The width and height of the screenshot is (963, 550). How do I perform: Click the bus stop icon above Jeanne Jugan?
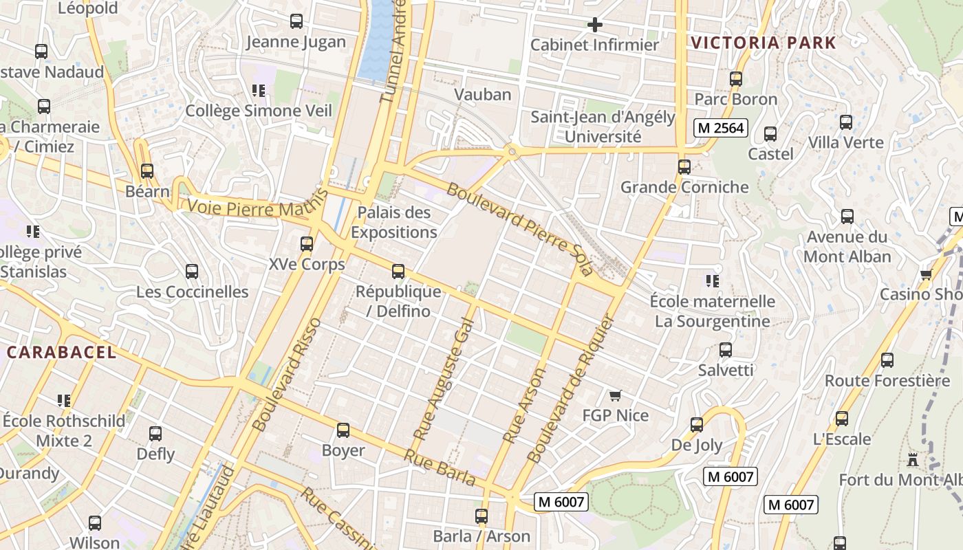click(x=296, y=21)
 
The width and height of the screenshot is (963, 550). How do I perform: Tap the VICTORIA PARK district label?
click(x=764, y=43)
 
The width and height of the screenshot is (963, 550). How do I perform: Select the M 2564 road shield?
click(x=719, y=128)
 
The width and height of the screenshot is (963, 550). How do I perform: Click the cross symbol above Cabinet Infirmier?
click(x=595, y=25)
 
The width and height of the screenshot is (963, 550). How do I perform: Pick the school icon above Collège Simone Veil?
click(x=259, y=91)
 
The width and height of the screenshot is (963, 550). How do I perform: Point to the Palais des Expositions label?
click(x=394, y=222)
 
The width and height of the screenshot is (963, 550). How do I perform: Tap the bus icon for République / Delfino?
click(x=398, y=272)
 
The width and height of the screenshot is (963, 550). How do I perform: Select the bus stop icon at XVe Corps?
click(x=307, y=244)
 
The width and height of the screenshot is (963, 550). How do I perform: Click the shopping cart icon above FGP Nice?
click(x=616, y=396)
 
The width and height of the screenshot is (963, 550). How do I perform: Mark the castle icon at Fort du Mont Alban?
click(x=913, y=459)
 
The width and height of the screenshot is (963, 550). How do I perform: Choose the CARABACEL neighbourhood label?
click(x=61, y=353)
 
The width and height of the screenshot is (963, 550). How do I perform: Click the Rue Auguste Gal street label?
click(x=444, y=375)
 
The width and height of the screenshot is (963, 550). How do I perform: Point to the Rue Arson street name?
click(x=524, y=405)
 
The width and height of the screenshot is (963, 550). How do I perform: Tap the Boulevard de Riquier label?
click(x=569, y=388)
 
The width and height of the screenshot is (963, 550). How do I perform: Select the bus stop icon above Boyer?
click(x=343, y=431)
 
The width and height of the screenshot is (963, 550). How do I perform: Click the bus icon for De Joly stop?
click(x=697, y=425)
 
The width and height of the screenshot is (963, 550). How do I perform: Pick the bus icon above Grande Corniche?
click(x=684, y=167)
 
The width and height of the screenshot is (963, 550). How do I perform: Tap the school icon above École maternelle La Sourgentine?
click(x=713, y=281)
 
